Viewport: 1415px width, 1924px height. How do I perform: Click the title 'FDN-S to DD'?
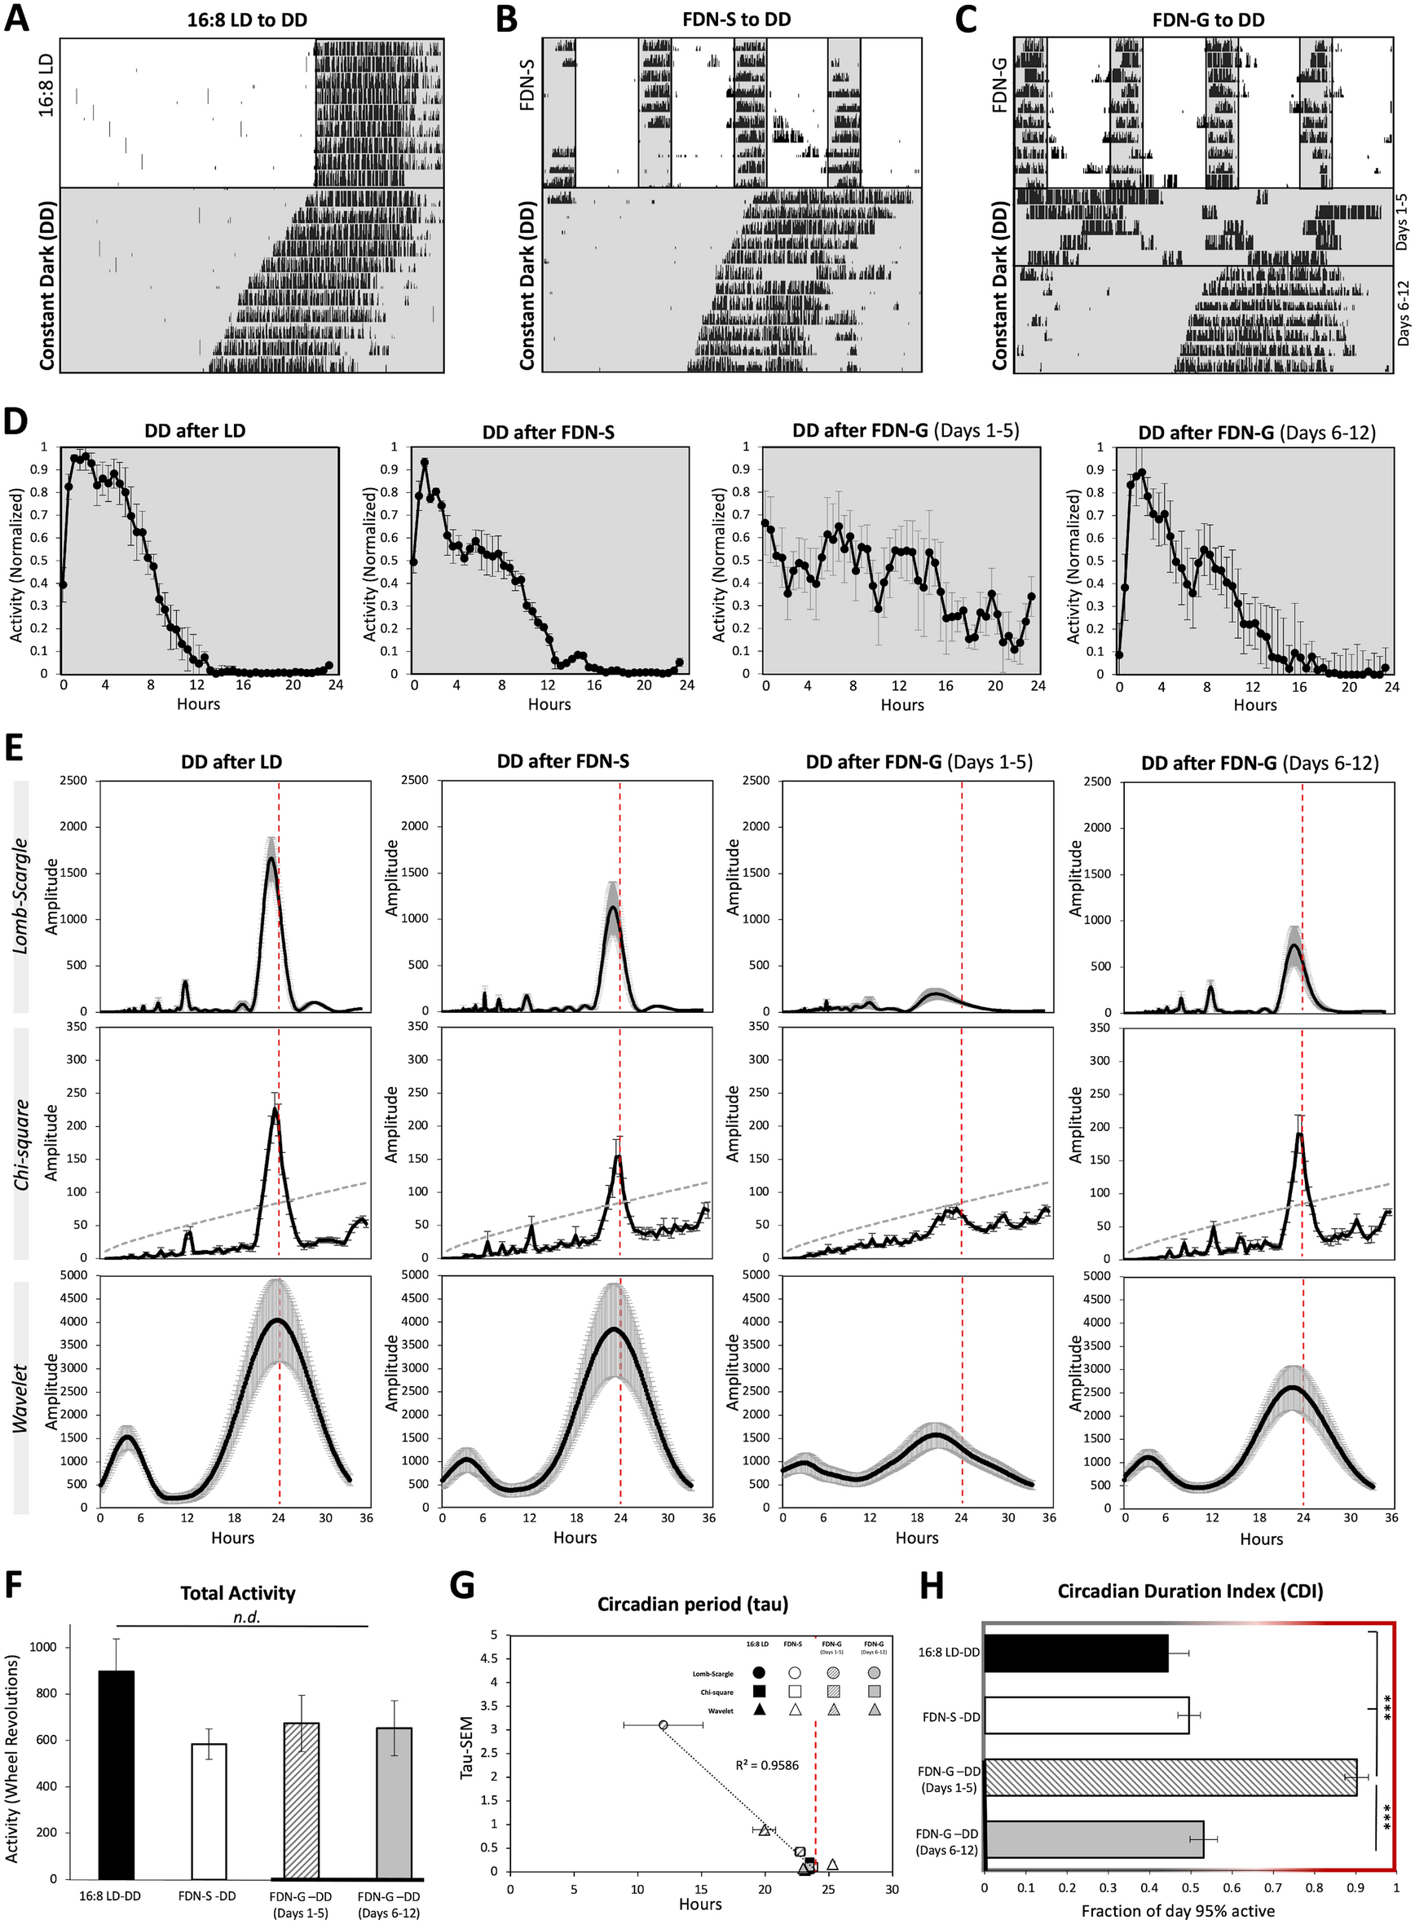[736, 19]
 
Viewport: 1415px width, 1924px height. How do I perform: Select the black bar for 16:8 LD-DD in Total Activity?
[116, 1774]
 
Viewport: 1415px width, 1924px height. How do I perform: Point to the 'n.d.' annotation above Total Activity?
[247, 1617]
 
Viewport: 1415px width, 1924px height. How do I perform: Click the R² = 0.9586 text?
[767, 1765]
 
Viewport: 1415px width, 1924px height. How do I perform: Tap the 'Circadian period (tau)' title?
[692, 1603]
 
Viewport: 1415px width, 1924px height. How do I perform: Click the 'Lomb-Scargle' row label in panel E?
[20, 896]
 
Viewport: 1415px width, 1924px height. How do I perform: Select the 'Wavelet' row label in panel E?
[20, 1398]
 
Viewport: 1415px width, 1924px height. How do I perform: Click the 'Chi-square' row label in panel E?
[20, 1145]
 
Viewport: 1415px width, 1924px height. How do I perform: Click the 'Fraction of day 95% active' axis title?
[1178, 1910]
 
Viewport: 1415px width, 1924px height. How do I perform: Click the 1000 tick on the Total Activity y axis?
[43, 1647]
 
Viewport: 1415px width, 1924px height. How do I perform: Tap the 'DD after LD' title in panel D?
[195, 431]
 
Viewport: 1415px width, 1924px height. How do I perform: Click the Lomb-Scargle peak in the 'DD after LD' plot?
[271, 858]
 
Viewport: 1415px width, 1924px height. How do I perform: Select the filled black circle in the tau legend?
[758, 1672]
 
